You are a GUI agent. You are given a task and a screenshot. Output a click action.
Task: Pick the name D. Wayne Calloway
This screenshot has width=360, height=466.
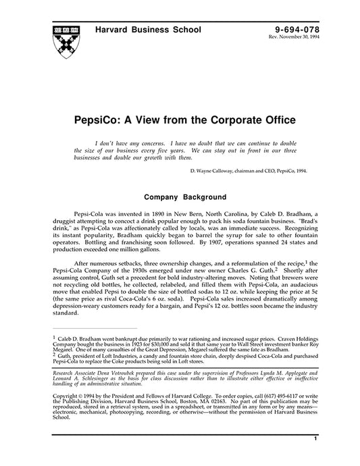215,172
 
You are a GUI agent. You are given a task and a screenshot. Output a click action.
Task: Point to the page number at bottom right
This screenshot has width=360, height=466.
315,457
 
